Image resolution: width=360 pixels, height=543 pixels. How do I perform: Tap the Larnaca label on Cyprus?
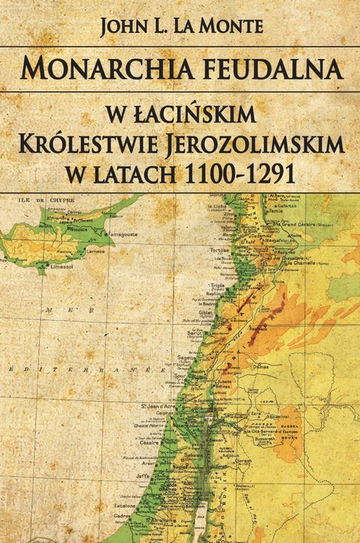(x=94, y=251)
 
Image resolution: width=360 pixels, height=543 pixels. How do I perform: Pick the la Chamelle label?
(x=294, y=264)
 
